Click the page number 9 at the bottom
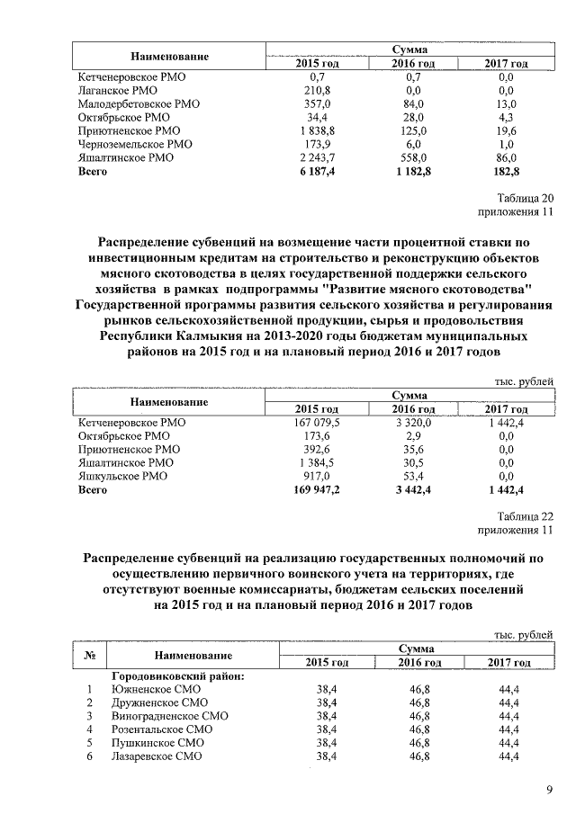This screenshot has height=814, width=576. click(x=548, y=790)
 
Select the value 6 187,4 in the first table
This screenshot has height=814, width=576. click(x=317, y=171)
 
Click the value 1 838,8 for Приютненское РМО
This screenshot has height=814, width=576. click(x=317, y=130)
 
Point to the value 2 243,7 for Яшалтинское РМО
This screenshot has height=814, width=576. click(x=317, y=157)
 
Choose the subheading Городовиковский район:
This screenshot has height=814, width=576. click(x=176, y=675)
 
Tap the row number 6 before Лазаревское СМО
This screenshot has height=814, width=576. click(x=89, y=756)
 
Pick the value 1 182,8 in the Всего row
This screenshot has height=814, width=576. click(x=414, y=171)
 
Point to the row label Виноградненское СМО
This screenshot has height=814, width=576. click(x=169, y=716)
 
